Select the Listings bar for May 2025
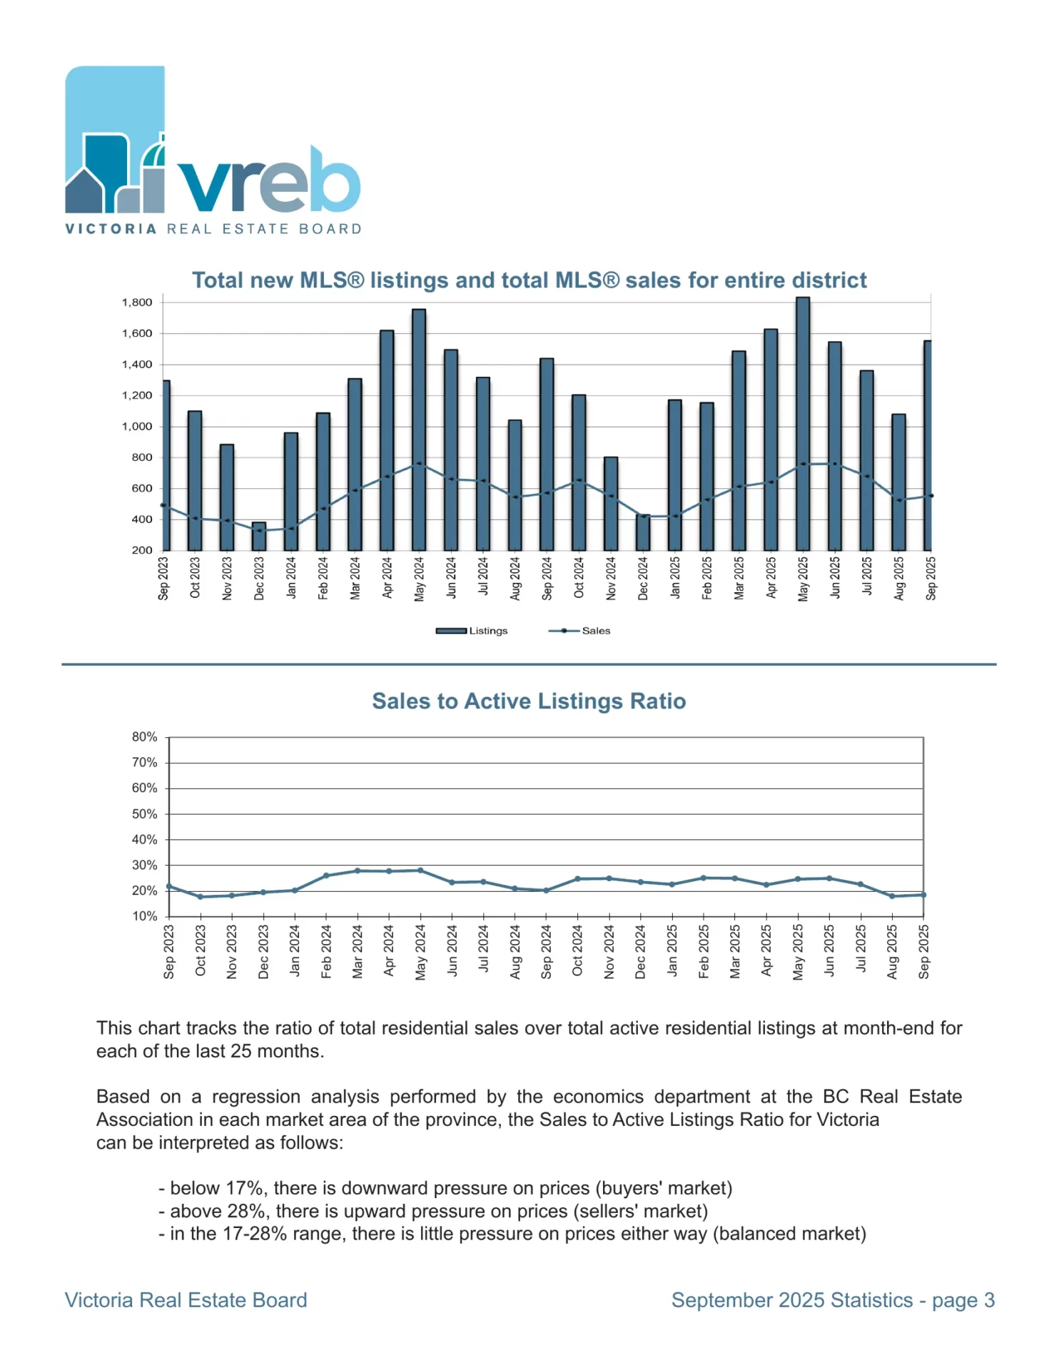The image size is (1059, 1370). pos(803,424)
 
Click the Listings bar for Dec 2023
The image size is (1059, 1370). pos(259,536)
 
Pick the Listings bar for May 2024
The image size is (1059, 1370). pos(419,430)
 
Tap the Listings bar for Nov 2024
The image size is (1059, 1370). pos(611,504)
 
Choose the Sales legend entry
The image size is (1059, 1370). pos(580,631)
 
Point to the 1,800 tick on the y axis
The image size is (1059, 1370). pos(137,303)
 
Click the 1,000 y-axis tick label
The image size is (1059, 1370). pos(137,427)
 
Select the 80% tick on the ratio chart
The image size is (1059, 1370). pos(144,737)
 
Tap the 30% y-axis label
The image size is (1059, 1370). pos(144,866)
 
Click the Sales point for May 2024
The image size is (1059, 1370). pos(420,465)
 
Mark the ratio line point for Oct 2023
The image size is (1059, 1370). pos(201,897)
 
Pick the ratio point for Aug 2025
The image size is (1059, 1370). pos(892,896)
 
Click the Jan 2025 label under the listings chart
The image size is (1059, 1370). pos(675,578)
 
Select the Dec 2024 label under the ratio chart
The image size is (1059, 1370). pos(641,952)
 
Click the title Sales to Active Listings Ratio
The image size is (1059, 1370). pos(529,701)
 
